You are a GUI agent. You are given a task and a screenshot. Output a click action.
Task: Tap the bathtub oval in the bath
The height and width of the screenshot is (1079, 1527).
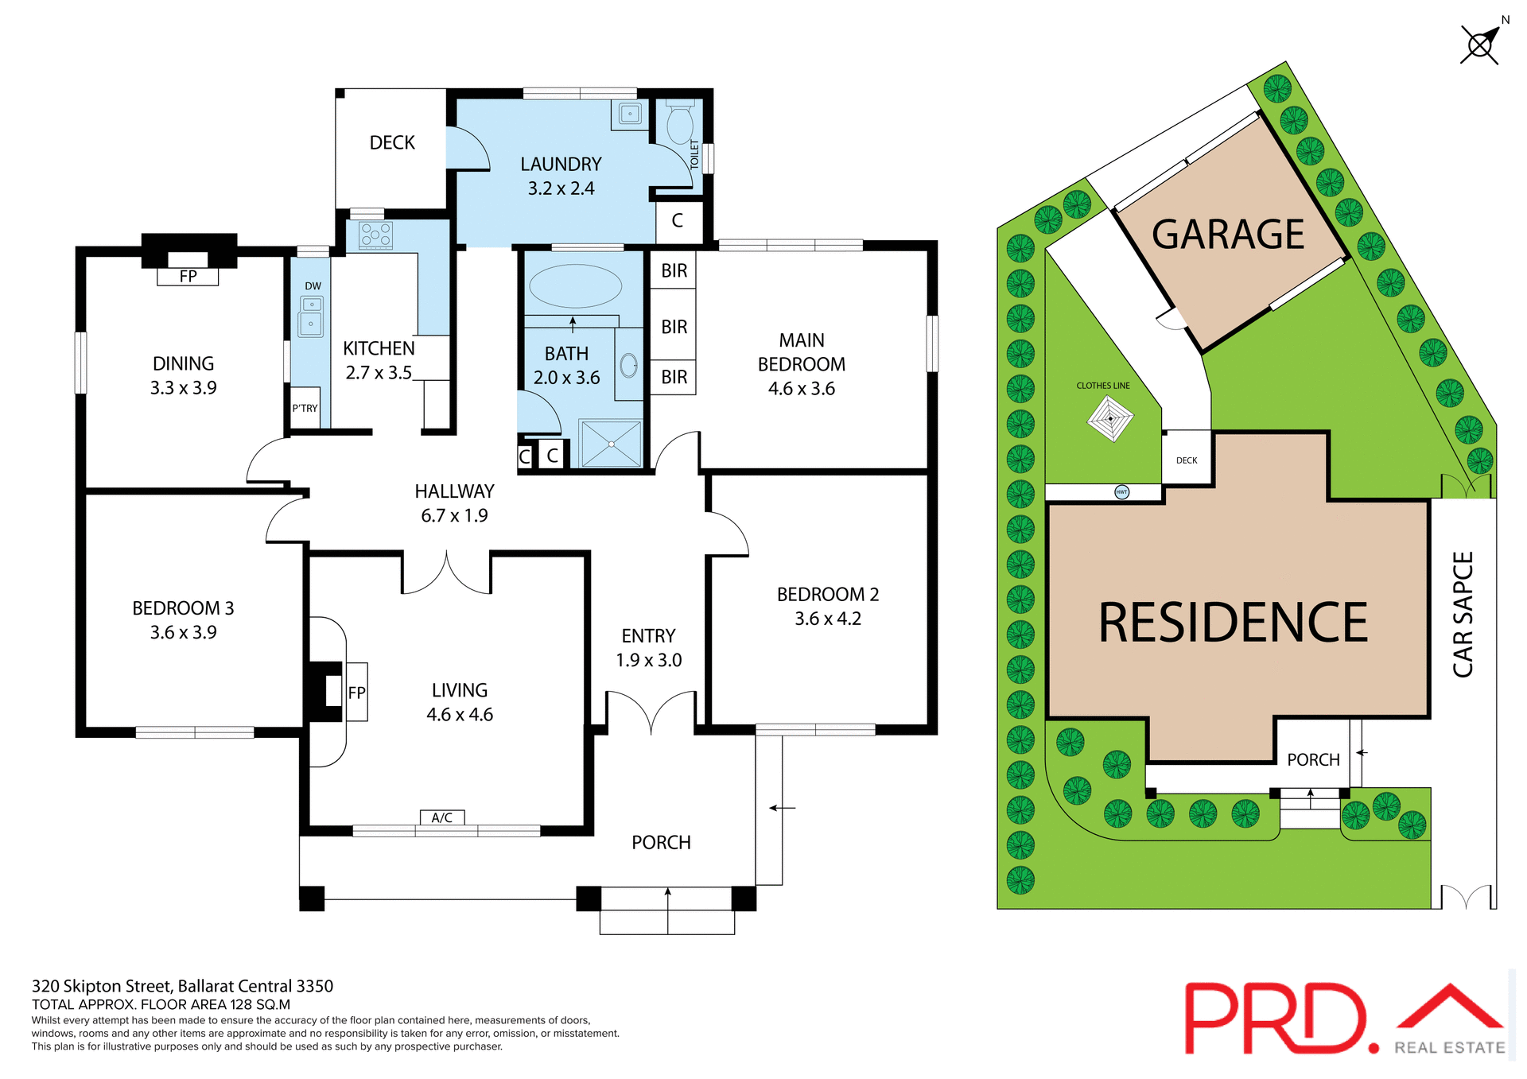tap(575, 286)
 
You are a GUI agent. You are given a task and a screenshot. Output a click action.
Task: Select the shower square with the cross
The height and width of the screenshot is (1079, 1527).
tap(611, 444)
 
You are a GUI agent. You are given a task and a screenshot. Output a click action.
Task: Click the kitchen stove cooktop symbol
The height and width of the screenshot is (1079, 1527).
tap(375, 235)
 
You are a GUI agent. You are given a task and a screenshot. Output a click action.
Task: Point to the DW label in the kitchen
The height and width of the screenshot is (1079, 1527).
tap(313, 286)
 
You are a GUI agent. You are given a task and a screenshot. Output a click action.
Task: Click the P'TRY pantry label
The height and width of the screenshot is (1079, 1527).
tap(305, 409)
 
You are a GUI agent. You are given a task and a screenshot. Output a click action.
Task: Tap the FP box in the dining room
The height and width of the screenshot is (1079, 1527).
tap(188, 277)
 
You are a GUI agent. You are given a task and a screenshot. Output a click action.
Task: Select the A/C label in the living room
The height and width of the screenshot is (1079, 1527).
tap(442, 817)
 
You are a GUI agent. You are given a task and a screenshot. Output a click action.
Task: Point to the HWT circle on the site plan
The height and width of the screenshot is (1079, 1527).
tap(1121, 492)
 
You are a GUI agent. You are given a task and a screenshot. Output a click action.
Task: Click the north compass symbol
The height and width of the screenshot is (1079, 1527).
tap(1480, 45)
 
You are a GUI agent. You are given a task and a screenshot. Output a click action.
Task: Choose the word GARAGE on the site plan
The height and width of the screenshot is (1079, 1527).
tap(1227, 235)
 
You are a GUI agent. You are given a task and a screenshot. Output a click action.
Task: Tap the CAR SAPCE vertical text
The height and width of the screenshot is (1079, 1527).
tap(1463, 614)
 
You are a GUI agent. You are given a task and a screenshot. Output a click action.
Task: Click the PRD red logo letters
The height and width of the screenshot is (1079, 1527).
tap(1276, 1018)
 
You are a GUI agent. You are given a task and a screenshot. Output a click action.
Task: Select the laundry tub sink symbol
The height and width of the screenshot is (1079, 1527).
tap(630, 114)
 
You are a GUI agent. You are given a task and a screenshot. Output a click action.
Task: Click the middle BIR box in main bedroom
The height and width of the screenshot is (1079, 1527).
tap(674, 327)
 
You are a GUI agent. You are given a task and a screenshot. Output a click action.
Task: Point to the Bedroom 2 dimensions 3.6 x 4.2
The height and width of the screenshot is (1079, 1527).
tap(827, 619)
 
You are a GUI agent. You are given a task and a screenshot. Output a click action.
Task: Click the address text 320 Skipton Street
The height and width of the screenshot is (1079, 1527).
tap(182, 986)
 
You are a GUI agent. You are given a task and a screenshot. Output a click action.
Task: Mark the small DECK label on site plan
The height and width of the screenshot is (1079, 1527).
tap(1187, 460)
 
